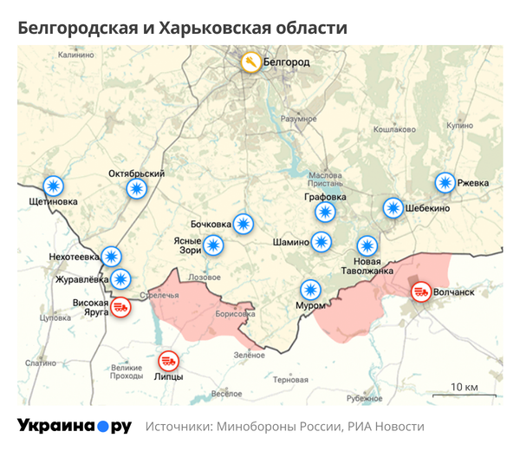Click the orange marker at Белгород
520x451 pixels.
(250, 62)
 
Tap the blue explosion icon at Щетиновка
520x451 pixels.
(54, 186)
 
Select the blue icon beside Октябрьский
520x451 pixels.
(136, 189)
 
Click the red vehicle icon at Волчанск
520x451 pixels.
(420, 292)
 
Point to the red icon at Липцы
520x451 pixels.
(168, 361)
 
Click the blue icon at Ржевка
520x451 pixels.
(445, 183)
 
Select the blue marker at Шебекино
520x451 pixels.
(393, 208)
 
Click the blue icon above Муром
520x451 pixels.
(309, 289)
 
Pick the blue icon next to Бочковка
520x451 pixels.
(244, 224)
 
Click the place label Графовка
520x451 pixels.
(325, 197)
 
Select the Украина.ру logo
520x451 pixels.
(75, 426)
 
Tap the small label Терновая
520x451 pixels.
(290, 380)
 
